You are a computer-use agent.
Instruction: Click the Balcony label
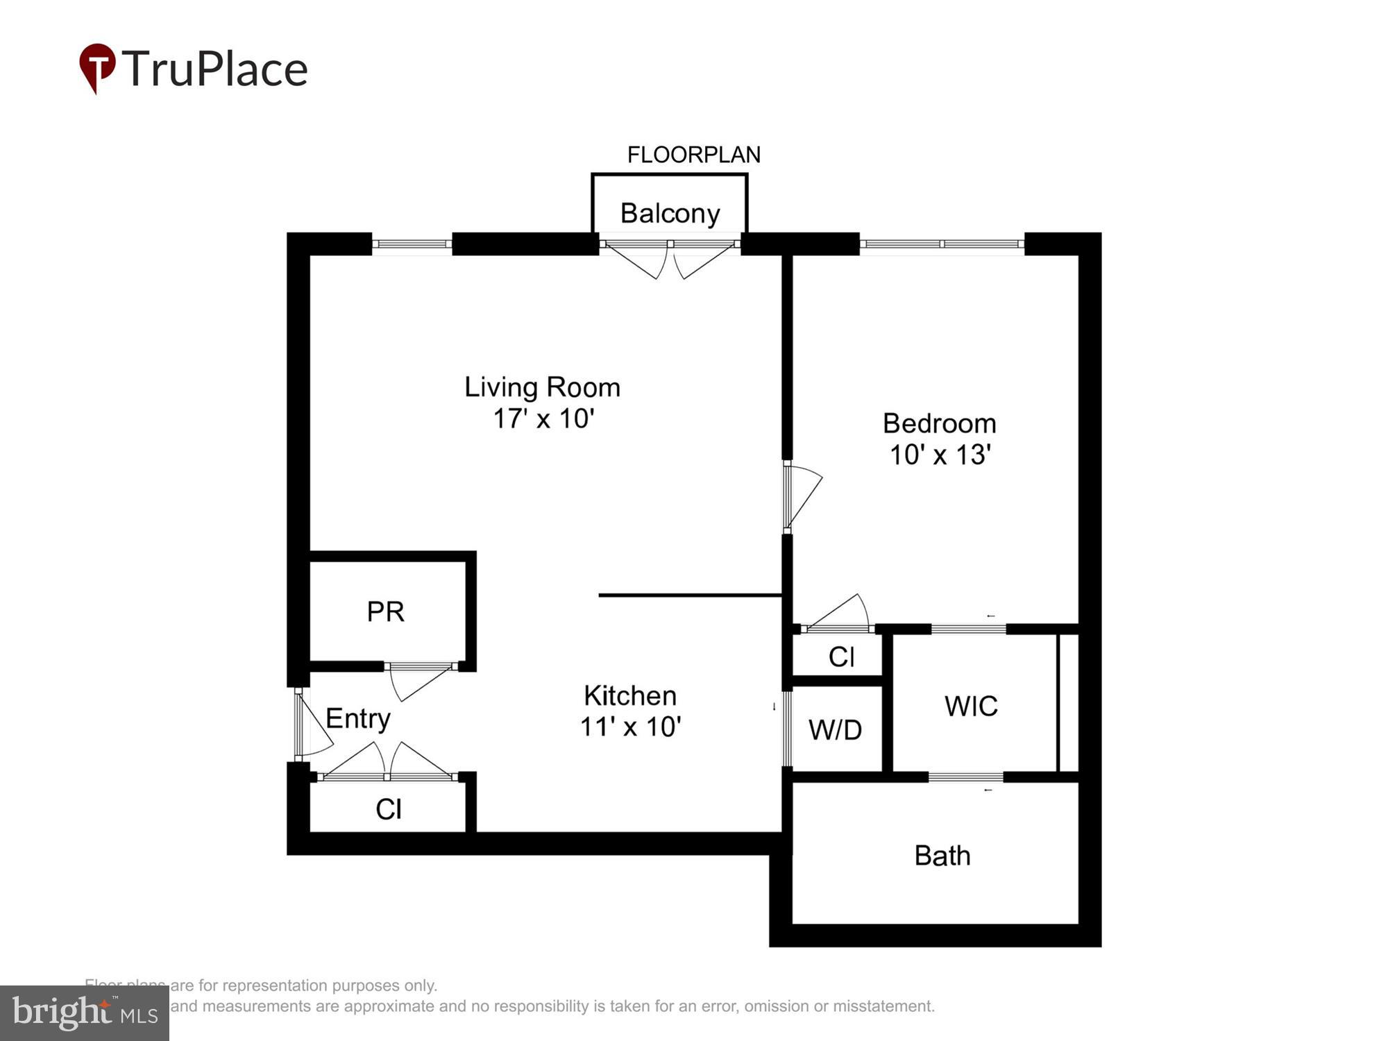point(670,213)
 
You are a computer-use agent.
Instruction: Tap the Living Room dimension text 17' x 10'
point(543,419)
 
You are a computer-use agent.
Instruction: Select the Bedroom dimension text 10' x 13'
point(940,455)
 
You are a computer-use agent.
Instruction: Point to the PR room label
point(385,611)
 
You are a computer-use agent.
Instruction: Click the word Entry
point(357,718)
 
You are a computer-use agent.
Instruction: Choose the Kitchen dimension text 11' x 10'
point(630,727)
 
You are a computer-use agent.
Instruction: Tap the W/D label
point(835,730)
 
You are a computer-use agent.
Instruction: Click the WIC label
point(971,706)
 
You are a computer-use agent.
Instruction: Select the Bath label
point(942,856)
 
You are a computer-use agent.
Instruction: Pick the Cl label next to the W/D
point(841,657)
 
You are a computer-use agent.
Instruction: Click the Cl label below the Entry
point(388,809)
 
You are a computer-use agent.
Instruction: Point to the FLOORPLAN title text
point(693,155)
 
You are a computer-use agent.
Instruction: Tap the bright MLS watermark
point(84,1013)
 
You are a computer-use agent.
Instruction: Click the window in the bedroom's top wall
point(942,244)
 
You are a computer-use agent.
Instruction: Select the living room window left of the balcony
point(412,244)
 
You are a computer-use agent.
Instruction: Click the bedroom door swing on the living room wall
point(802,496)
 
